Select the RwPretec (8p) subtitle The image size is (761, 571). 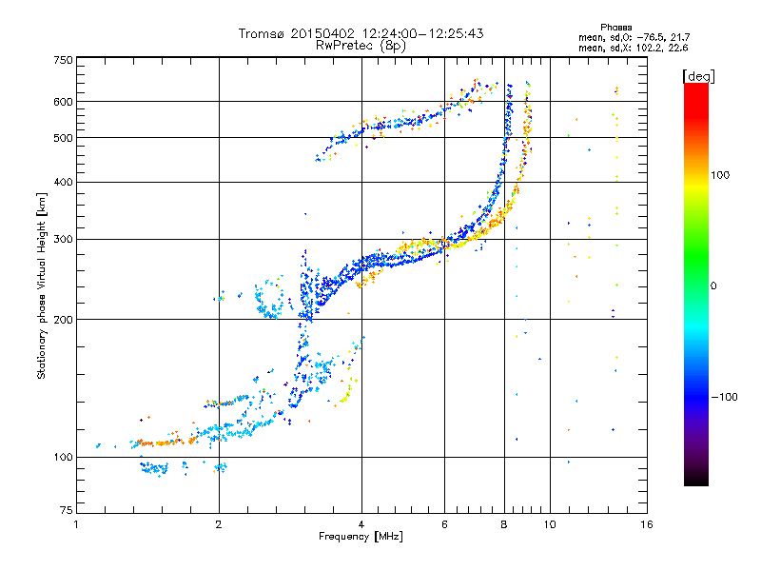[x=361, y=46]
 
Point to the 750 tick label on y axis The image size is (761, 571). [x=64, y=60]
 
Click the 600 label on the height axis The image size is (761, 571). [x=64, y=102]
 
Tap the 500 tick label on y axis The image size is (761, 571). [x=64, y=138]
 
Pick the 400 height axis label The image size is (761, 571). [x=64, y=183]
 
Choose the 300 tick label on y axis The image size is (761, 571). [x=64, y=240]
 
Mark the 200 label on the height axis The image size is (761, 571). [x=64, y=320]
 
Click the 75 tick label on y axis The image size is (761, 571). [x=67, y=510]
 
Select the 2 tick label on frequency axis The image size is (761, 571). [x=219, y=524]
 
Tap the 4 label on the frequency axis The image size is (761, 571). [x=361, y=524]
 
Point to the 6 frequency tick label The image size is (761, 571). [x=444, y=524]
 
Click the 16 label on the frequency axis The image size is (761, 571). [x=647, y=524]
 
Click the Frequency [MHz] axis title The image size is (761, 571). [x=361, y=537]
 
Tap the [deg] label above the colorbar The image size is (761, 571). [x=698, y=76]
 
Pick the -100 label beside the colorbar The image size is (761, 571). [x=724, y=397]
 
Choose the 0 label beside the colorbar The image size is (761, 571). [x=713, y=286]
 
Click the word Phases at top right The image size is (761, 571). [x=615, y=28]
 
